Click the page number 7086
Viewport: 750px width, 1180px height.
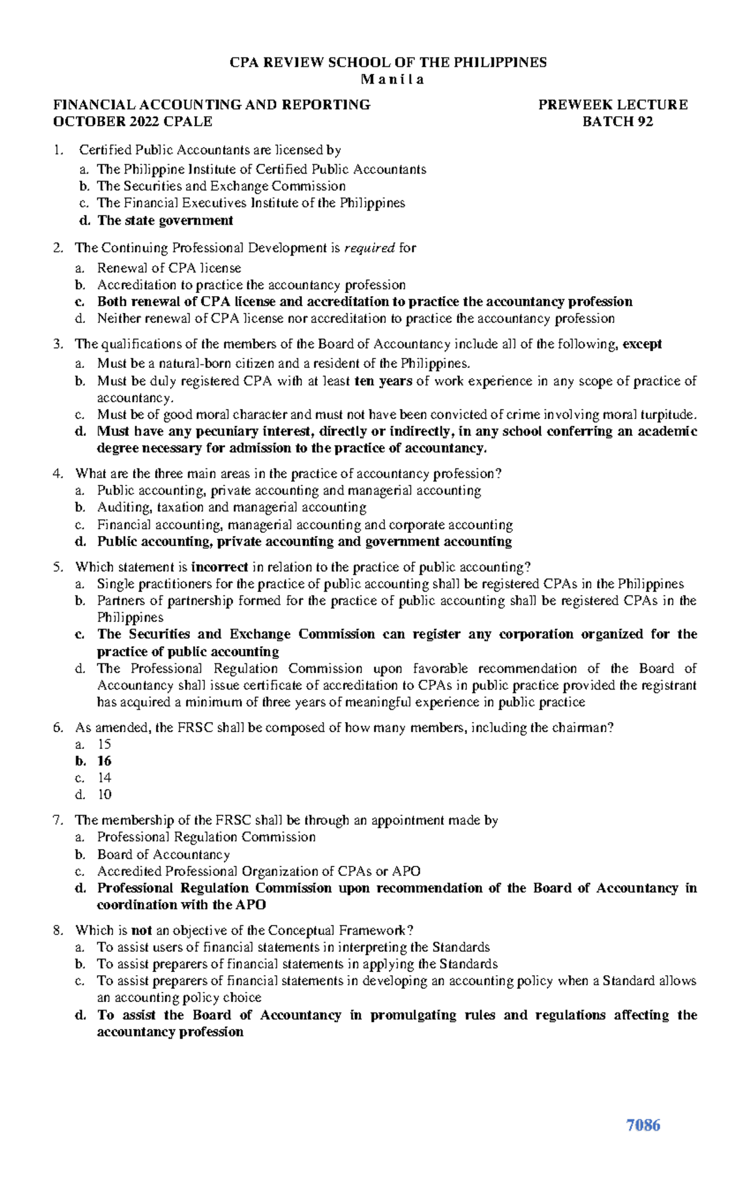[x=643, y=1125]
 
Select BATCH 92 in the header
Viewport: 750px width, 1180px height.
[x=617, y=122]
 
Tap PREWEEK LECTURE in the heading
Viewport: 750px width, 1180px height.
[x=612, y=105]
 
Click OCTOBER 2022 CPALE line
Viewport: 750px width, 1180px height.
[x=132, y=122]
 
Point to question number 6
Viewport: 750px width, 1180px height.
[x=58, y=728]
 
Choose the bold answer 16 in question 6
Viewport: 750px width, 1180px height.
[x=104, y=761]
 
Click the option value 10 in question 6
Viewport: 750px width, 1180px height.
[x=104, y=795]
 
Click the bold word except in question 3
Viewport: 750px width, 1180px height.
[x=642, y=344]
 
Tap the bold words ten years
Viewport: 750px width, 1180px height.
[x=383, y=381]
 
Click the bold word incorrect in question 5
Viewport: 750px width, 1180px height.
[x=219, y=567]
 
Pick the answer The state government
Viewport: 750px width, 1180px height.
[x=165, y=221]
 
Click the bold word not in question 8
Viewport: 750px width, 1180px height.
[x=142, y=930]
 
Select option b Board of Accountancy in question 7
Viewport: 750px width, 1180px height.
[x=163, y=855]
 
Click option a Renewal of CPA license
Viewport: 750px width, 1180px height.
[x=169, y=268]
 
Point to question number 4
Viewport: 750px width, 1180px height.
[x=58, y=473]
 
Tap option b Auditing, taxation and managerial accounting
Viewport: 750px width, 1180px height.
[x=231, y=507]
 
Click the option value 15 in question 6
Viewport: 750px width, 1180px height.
[x=104, y=744]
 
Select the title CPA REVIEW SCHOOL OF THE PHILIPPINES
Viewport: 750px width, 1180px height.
[x=388, y=62]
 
